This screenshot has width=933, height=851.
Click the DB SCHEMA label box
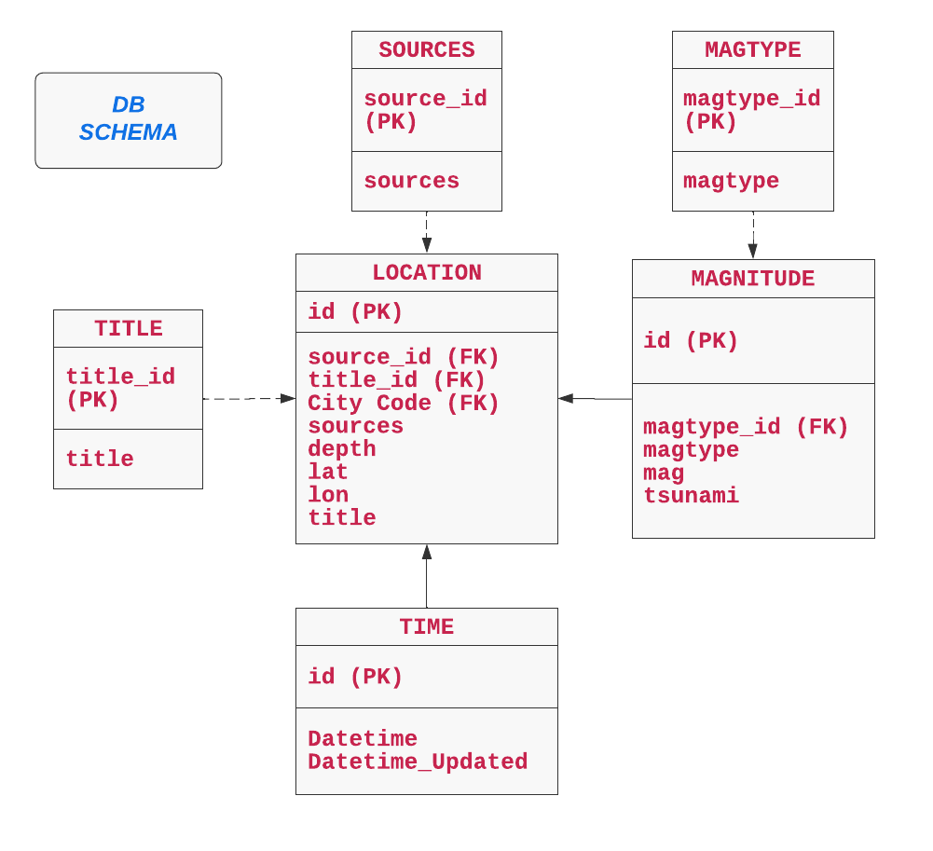(129, 120)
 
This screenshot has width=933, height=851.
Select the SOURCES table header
(427, 50)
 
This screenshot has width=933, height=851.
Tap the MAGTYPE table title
(753, 50)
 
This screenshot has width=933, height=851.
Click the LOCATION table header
(427, 273)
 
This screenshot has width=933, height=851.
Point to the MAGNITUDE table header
(753, 279)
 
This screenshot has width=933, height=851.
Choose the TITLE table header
(129, 329)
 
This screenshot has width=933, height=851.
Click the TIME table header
(427, 627)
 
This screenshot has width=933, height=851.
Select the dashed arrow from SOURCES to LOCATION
(427, 232)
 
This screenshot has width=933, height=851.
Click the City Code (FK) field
(404, 404)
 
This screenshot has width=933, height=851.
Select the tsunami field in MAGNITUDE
(691, 496)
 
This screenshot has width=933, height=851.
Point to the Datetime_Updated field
(418, 762)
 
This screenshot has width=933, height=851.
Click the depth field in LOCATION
(342, 449)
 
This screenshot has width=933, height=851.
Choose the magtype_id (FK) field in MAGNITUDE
(746, 428)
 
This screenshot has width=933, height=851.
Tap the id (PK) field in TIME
(355, 678)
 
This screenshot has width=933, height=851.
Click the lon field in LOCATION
(328, 495)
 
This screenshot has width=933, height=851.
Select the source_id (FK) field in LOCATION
(404, 358)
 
